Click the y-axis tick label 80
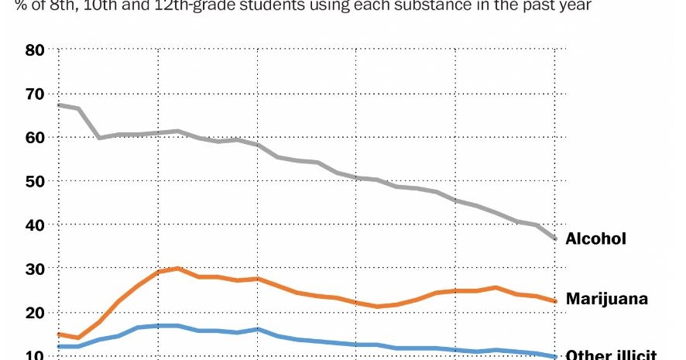pyautogui.click(x=36, y=50)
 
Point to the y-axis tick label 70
pyautogui.click(x=36, y=94)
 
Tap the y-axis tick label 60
pyautogui.click(x=36, y=137)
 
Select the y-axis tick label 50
pyautogui.click(x=36, y=181)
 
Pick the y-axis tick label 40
pyautogui.click(x=36, y=225)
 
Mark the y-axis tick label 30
pyautogui.click(x=36, y=269)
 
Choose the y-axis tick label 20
pyautogui.click(x=36, y=312)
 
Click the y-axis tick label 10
pyautogui.click(x=36, y=355)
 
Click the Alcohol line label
pyautogui.click(x=595, y=239)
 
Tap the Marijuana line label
pyautogui.click(x=606, y=299)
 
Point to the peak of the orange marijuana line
pyautogui.click(x=178, y=269)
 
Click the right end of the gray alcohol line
pyautogui.click(x=555, y=238)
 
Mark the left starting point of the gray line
pyautogui.click(x=59, y=105)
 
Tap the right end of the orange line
pyautogui.click(x=555, y=301)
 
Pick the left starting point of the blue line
pyautogui.click(x=59, y=346)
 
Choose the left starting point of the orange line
pyautogui.click(x=59, y=334)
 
